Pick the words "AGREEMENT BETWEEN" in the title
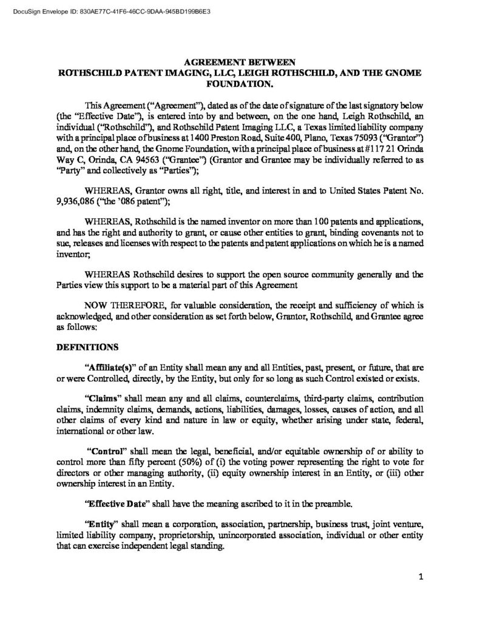240,61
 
